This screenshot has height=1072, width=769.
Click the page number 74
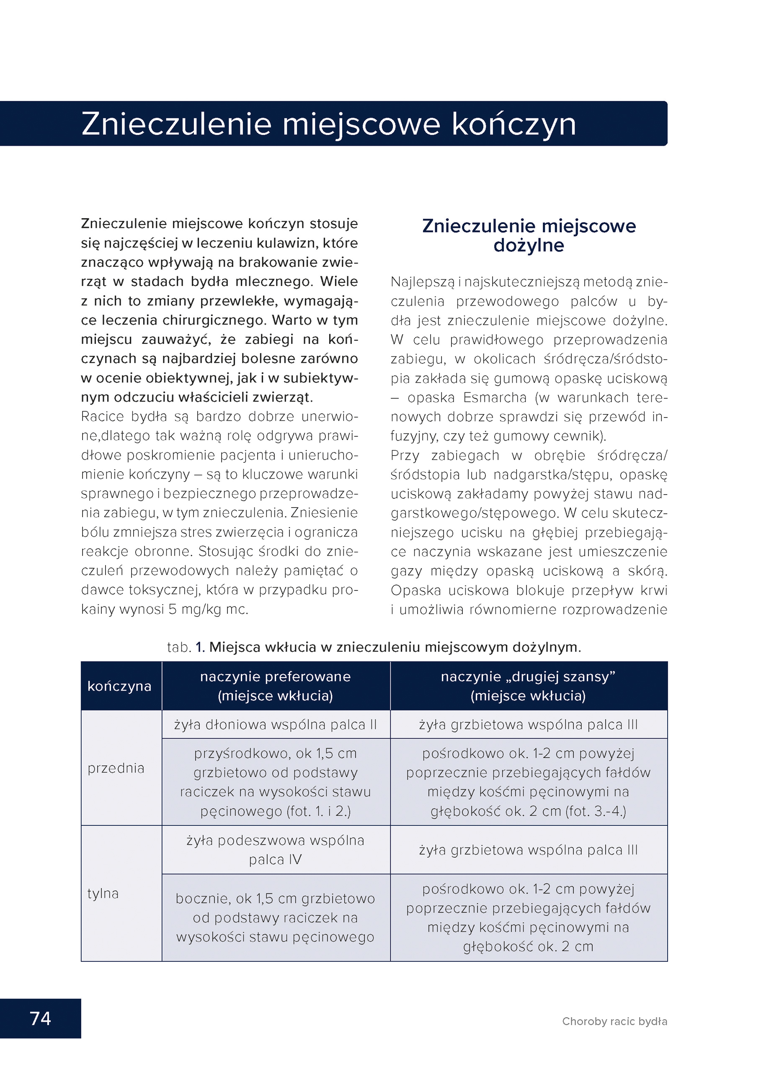[40, 1018]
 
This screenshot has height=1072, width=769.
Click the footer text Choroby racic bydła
[614, 1021]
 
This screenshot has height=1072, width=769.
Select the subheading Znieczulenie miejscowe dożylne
[529, 235]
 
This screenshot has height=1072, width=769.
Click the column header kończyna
[119, 686]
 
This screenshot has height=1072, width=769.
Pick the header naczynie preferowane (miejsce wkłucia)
[275, 686]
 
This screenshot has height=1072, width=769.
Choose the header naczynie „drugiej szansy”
[528, 677]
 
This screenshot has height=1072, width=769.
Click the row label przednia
[115, 768]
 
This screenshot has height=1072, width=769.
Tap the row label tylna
[103, 893]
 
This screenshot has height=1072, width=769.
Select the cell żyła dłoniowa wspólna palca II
[275, 724]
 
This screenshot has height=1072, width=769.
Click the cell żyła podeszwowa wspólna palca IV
[275, 850]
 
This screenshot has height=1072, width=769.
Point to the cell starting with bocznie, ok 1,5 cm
[275, 917]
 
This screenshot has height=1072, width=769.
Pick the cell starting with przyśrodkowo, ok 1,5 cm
[275, 782]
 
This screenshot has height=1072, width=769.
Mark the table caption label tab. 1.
[185, 647]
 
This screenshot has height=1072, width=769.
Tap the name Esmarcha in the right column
[494, 397]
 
